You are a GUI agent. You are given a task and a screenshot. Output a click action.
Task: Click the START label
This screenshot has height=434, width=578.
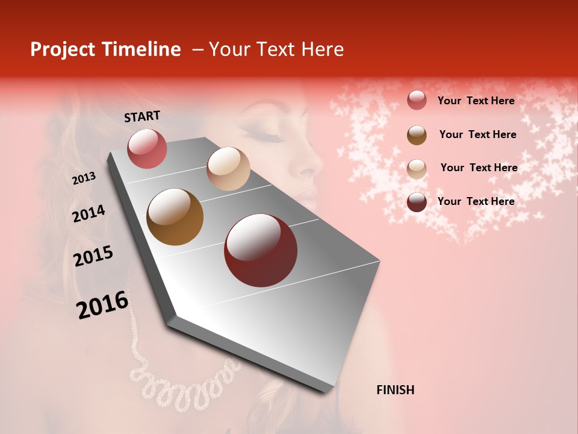(142, 116)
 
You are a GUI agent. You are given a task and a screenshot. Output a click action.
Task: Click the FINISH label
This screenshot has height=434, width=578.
(395, 390)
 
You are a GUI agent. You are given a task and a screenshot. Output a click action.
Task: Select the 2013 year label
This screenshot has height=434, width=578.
(84, 178)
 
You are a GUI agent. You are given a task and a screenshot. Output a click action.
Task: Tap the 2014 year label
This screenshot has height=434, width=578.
(89, 214)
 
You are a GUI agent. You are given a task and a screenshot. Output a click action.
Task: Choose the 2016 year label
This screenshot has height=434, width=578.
(102, 305)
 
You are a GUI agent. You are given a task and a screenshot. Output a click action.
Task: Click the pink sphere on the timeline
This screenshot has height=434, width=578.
(147, 148)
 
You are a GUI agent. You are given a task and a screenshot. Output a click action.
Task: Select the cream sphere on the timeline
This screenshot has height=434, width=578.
(228, 169)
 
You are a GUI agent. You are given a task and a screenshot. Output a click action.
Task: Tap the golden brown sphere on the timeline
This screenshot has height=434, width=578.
(175, 217)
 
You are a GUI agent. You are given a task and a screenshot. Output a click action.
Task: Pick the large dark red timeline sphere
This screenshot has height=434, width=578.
(261, 250)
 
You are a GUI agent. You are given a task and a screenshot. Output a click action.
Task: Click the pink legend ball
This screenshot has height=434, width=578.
(417, 100)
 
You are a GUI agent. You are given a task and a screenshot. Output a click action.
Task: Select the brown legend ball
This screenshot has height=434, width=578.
(417, 134)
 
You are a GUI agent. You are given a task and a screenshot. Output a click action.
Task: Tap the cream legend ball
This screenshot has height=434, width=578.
(417, 168)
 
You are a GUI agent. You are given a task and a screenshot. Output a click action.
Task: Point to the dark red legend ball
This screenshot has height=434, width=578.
(417, 202)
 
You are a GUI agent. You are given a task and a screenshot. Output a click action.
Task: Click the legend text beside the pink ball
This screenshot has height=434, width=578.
(476, 101)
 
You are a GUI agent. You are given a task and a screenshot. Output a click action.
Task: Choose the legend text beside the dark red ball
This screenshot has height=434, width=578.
(476, 201)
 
